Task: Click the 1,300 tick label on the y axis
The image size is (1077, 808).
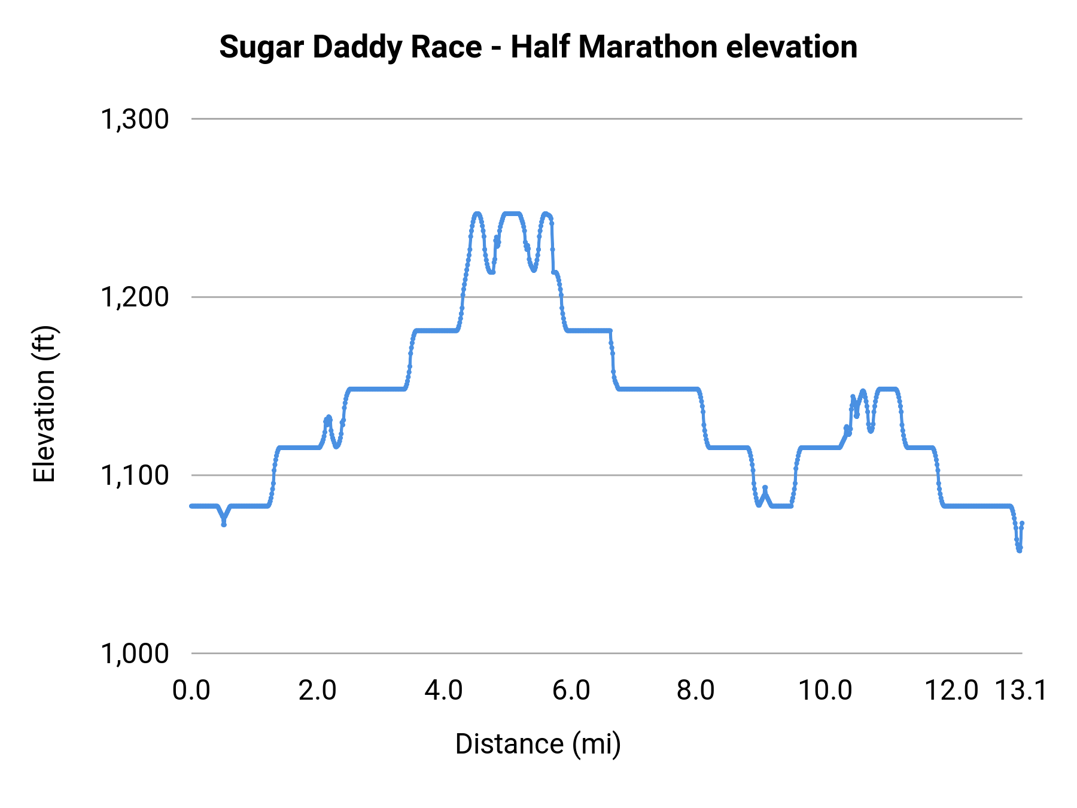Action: click(x=135, y=119)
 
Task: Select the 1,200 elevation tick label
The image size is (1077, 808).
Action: click(x=135, y=297)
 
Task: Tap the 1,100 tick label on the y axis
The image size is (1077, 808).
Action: click(x=135, y=475)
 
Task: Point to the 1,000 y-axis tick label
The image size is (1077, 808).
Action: click(x=135, y=653)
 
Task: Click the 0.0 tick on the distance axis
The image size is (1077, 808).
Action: click(x=191, y=690)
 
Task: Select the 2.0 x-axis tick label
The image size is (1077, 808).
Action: click(x=318, y=690)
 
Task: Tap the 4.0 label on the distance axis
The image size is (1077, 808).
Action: click(x=444, y=690)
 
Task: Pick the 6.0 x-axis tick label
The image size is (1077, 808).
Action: click(x=571, y=690)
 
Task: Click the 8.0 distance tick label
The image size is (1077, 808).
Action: click(x=696, y=690)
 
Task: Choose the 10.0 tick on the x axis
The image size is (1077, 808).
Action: click(x=826, y=690)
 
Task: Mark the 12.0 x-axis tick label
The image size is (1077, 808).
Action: click(x=951, y=690)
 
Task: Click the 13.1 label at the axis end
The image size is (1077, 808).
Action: click(x=1021, y=690)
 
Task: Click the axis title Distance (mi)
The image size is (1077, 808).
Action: click(x=538, y=744)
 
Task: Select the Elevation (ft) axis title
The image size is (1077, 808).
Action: click(x=44, y=404)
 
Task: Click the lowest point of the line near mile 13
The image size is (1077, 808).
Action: click(x=1019, y=550)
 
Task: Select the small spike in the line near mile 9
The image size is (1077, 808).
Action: click(x=765, y=488)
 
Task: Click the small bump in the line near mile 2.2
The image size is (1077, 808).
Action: click(x=328, y=417)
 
